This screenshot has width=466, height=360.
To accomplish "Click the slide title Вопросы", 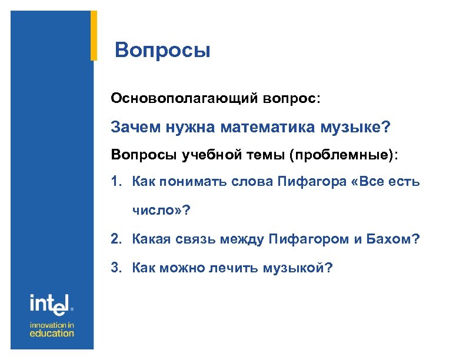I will click(x=162, y=51).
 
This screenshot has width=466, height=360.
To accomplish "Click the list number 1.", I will click(x=115, y=182).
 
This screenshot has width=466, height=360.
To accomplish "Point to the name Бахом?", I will click(x=396, y=239).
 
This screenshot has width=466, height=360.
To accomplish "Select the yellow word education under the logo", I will click(x=52, y=334).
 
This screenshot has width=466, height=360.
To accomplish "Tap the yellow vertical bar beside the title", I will click(x=94, y=35).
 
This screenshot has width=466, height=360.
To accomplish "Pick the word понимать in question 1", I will click(x=192, y=182).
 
